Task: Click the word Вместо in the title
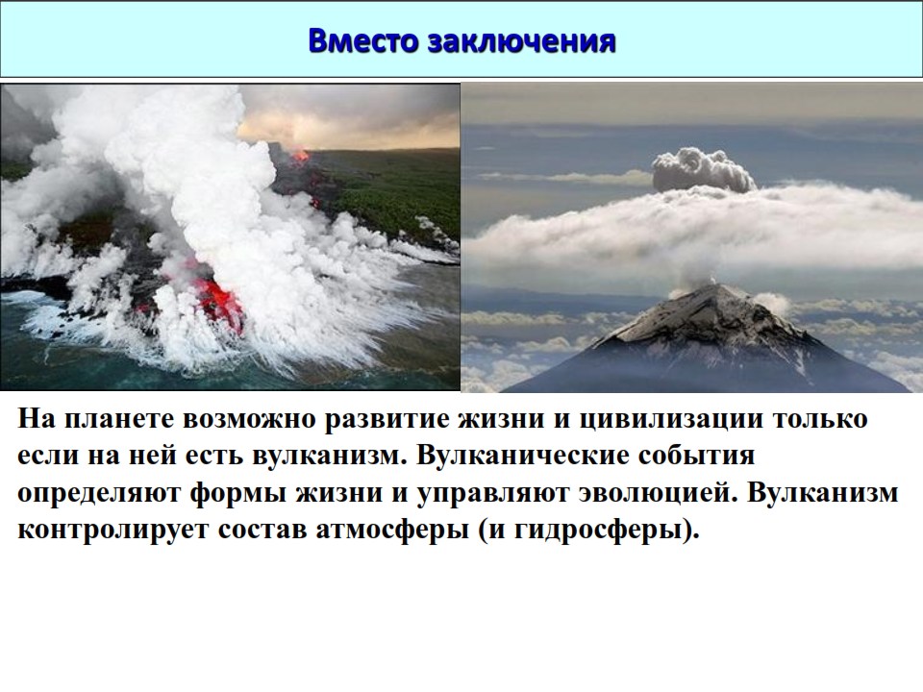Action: point(364,40)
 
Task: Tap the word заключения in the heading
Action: point(522,41)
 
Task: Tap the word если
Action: point(48,456)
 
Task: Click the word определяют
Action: point(99,492)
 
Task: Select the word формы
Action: point(237,493)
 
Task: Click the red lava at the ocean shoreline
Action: point(219,303)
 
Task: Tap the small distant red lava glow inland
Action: point(300,156)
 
